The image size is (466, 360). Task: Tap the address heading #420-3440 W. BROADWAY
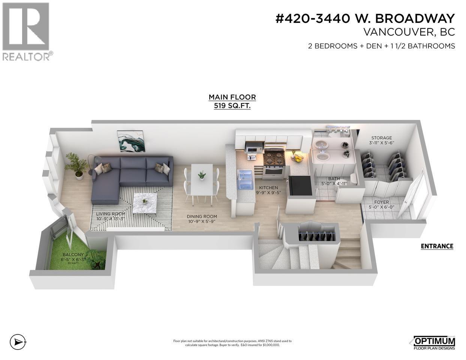coord(365,18)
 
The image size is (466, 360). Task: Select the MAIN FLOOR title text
coord(232,97)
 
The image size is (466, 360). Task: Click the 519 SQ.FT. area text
coord(232,106)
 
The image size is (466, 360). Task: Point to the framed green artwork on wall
coord(131,141)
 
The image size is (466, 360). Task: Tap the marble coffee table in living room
coord(145,202)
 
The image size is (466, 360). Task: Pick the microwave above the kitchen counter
coord(253,148)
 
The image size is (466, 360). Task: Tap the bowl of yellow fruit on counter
coord(298,158)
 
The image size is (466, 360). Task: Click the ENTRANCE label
coord(437,246)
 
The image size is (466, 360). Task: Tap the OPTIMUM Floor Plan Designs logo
coord(434,343)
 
